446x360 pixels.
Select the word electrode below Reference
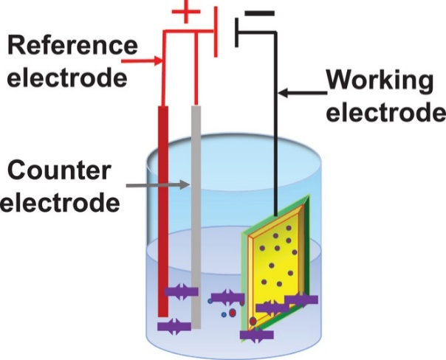[67, 76]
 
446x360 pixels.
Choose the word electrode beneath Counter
[59, 201]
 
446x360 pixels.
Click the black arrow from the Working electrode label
[303, 93]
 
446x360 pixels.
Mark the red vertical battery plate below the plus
[216, 37]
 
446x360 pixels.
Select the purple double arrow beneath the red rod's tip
[174, 325]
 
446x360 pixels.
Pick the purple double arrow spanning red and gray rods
[180, 291]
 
